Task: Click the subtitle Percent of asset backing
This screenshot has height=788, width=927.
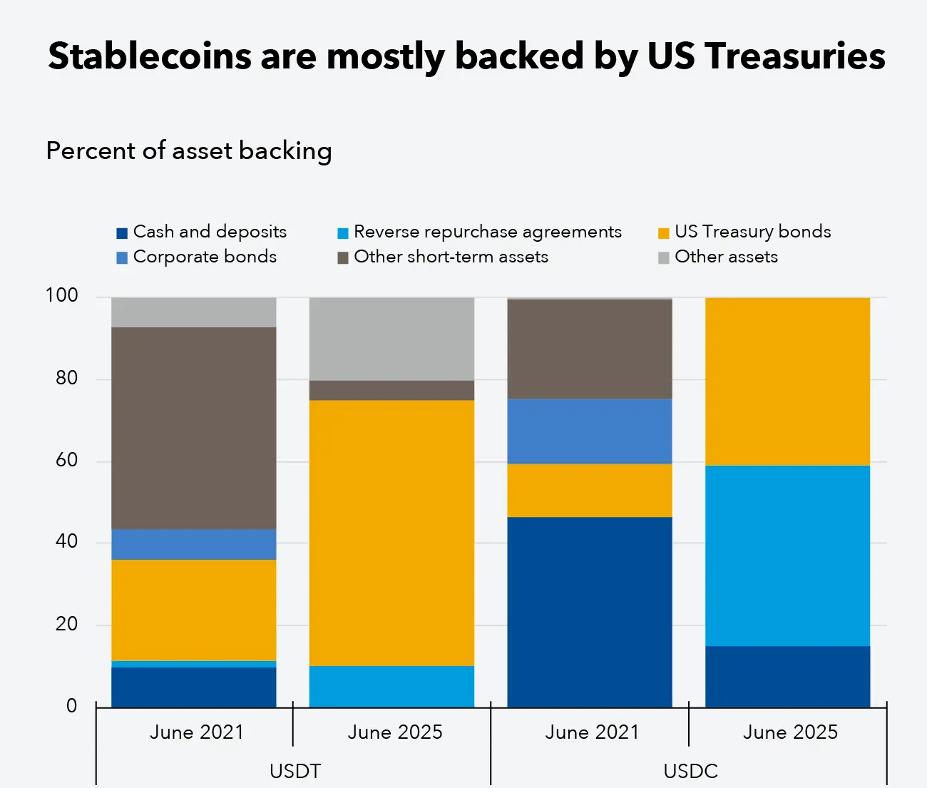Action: pos(189,150)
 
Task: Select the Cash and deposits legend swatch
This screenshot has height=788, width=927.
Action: pos(122,233)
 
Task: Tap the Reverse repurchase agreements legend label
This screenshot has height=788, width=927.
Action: pos(487,232)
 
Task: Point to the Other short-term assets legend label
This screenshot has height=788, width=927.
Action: pos(451,257)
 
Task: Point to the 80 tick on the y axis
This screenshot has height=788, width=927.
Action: pos(67,378)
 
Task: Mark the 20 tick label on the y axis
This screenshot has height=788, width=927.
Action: pos(67,624)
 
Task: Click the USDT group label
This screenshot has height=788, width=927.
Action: pos(295,771)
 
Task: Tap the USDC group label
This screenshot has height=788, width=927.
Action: pos(690,771)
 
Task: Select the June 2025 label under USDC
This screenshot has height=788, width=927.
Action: pos(790,732)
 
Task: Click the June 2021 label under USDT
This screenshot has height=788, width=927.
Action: pos(197,732)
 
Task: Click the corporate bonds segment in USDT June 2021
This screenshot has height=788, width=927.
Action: pos(194,544)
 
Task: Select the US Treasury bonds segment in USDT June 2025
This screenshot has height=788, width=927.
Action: pos(391,533)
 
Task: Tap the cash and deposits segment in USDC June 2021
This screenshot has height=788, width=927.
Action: pos(590,612)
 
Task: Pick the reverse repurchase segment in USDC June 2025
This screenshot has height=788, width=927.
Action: pos(787,556)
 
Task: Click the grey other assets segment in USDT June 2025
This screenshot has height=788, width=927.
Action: pos(391,339)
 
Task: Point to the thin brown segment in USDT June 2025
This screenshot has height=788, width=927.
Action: pos(391,390)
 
